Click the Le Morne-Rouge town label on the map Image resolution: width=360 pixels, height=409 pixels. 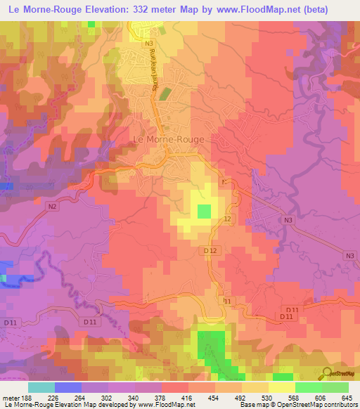point(169,139)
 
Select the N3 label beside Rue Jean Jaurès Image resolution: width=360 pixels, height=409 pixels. point(148,44)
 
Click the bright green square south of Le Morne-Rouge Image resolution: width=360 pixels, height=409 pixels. point(204,211)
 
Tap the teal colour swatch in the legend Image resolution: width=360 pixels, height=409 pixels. point(41,387)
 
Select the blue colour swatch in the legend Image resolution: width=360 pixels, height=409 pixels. point(68,387)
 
